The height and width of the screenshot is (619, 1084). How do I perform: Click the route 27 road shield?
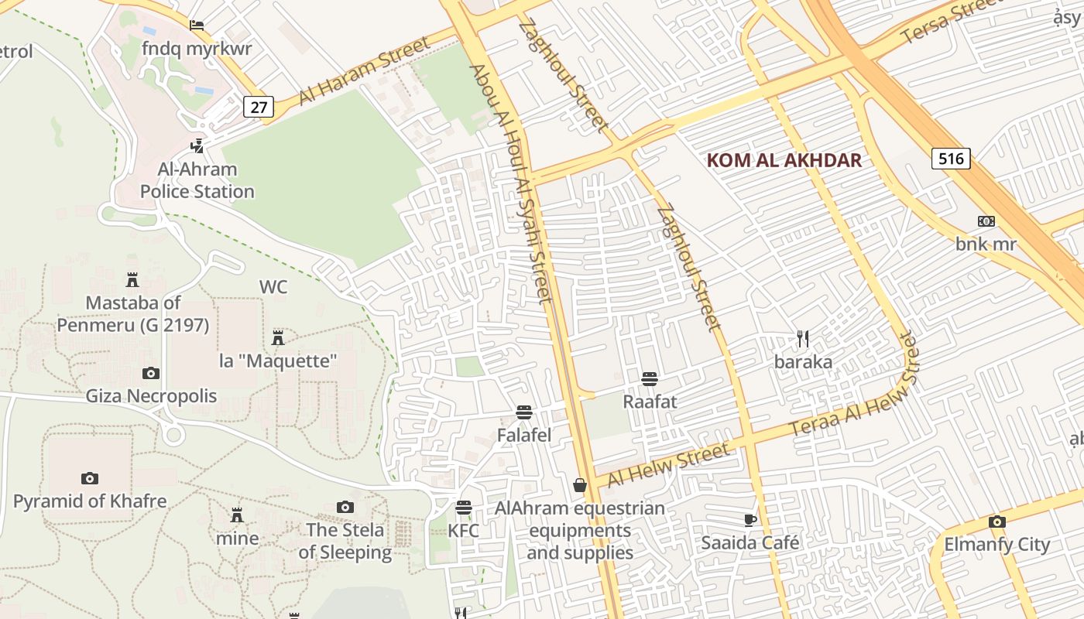coord(259,107)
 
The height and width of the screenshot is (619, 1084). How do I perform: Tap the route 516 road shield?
coord(950,159)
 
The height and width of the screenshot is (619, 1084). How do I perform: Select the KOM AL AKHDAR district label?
coord(784,160)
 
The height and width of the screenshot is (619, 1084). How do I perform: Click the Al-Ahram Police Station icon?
coord(197,145)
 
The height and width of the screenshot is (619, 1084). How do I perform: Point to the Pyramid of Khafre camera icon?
coord(90,478)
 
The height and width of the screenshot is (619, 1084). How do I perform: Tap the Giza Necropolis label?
coord(151,396)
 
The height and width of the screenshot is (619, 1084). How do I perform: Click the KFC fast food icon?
coord(464,508)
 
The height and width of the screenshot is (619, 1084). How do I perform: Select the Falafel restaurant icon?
coord(524,412)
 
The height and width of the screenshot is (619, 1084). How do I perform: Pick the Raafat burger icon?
coord(650,378)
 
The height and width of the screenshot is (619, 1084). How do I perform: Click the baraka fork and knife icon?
coord(803,338)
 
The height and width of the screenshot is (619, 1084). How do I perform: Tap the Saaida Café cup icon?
coord(750,519)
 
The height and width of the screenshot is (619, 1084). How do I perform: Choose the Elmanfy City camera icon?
coord(997,522)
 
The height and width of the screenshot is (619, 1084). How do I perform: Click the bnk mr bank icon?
coord(986,221)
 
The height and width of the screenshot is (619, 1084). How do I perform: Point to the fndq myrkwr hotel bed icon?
coord(197,25)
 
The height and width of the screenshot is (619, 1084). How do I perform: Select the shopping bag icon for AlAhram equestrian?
coord(580,485)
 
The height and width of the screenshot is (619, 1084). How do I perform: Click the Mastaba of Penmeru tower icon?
coord(132,279)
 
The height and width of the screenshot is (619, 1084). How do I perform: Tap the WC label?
coord(273,287)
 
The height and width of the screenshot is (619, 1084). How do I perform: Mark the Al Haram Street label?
coord(364,70)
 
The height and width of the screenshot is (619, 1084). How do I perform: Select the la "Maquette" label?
coord(278,361)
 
